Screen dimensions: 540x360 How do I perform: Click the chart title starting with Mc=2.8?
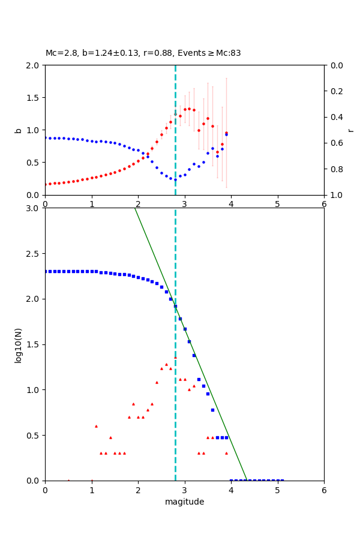click(x=143, y=53)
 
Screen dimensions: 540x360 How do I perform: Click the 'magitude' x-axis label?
click(x=184, y=502)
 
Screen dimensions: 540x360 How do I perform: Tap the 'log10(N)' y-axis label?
click(x=18, y=344)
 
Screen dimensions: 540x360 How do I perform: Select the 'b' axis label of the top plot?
click(x=18, y=130)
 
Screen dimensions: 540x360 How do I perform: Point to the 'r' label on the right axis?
click(x=350, y=130)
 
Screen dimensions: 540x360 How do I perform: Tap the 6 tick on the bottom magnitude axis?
click(x=324, y=490)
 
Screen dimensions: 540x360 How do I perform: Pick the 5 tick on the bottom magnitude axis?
click(x=277, y=490)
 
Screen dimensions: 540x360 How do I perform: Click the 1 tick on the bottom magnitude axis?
click(x=92, y=490)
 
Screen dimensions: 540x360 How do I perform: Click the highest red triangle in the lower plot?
click(x=175, y=358)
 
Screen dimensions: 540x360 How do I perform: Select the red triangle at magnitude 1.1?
click(x=96, y=426)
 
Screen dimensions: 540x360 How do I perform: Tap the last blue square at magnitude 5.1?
click(x=282, y=480)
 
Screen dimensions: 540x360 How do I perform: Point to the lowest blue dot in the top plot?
click(x=175, y=179)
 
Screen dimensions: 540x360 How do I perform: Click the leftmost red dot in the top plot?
click(x=46, y=184)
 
